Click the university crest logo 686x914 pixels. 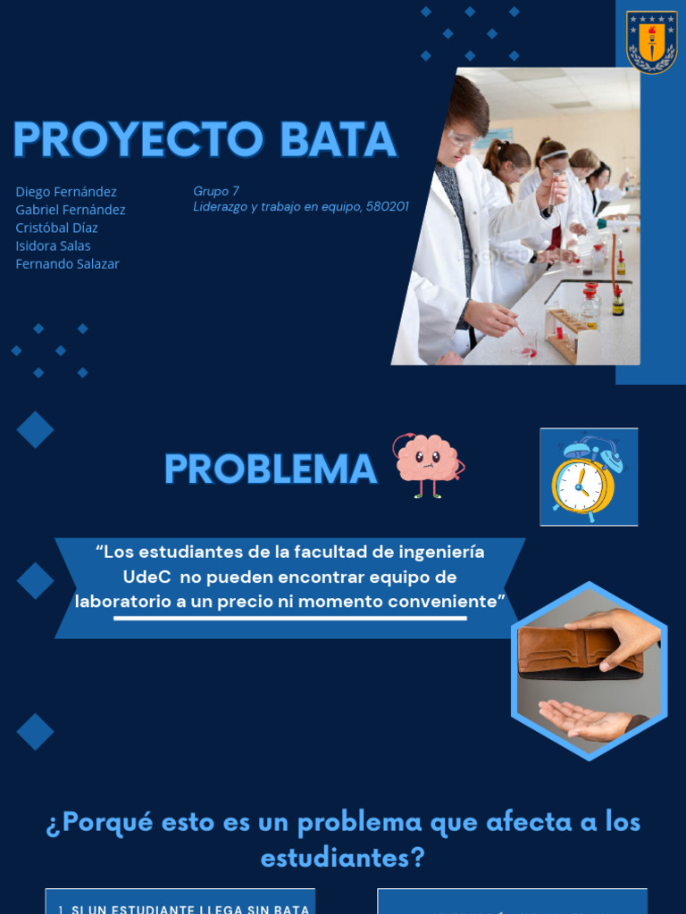click(651, 42)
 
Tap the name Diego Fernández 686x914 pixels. click(66, 192)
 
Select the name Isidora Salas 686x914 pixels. click(53, 245)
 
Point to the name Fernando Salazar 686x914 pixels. click(67, 263)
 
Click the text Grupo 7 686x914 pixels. click(216, 191)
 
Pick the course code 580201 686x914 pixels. click(386, 207)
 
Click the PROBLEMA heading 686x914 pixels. click(271, 469)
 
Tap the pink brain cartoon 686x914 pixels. click(428, 462)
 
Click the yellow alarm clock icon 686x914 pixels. click(584, 482)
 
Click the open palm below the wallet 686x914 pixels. click(585, 719)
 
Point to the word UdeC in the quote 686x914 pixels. click(146, 577)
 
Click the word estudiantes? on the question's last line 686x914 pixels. click(343, 858)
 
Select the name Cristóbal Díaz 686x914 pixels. click(56, 228)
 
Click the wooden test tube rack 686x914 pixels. click(564, 334)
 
